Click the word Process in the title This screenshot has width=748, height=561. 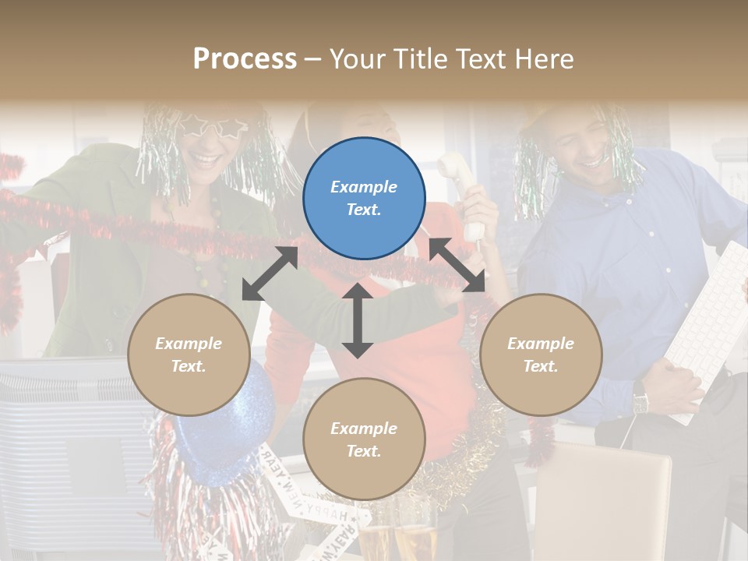coord(245,59)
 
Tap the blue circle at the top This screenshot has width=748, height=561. coord(364,198)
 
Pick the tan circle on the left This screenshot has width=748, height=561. coord(189,355)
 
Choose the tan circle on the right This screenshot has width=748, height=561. coord(541,355)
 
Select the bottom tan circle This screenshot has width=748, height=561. coord(364,439)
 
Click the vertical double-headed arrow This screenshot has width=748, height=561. coord(358,320)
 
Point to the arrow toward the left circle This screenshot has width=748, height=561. coord(270,273)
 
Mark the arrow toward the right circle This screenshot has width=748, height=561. coord(457,264)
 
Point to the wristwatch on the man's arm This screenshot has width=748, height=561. coord(640,402)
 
